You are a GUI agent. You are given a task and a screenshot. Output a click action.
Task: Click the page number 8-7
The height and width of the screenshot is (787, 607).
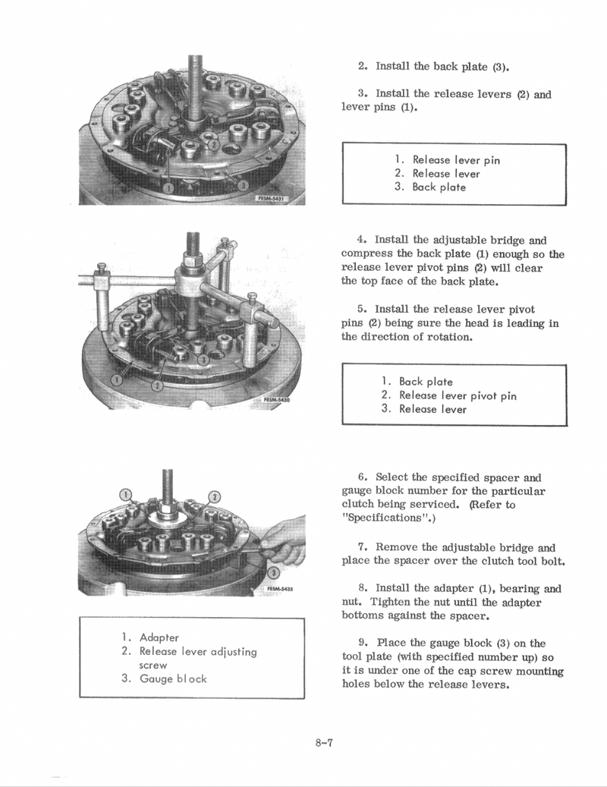pos(325,741)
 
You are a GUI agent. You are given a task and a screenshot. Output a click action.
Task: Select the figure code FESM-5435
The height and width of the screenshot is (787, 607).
pos(280,587)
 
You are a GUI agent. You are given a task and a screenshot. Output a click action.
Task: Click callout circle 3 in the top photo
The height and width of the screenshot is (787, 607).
pos(242,184)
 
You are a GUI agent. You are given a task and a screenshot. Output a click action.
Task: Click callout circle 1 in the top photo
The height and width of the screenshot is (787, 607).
pos(168,187)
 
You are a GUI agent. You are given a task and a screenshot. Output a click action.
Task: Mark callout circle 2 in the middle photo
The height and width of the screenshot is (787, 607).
pos(156,386)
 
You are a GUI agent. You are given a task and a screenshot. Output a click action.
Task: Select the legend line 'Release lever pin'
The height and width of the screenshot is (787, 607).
pos(455,160)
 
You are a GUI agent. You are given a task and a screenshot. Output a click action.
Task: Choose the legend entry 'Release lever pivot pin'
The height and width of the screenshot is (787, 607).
pos(458,395)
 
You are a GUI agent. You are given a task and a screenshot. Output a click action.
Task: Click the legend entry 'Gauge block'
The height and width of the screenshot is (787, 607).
pos(173,678)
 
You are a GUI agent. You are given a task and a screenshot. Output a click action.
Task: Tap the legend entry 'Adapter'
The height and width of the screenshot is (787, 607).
pos(159,637)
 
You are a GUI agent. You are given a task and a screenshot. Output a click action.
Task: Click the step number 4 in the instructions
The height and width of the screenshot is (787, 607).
pos(362,240)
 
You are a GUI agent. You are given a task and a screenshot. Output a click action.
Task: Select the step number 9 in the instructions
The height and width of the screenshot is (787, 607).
pos(362,644)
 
